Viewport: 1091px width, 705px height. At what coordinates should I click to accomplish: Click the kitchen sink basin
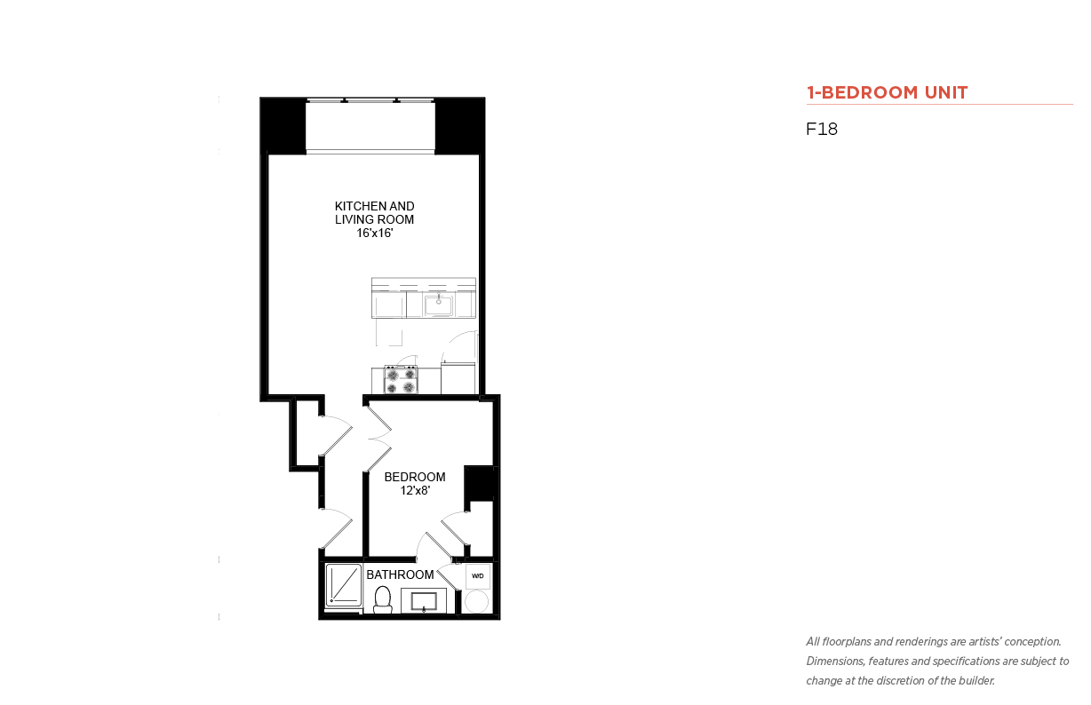pyautogui.click(x=438, y=305)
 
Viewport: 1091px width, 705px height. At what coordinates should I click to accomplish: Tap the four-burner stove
pyautogui.click(x=401, y=380)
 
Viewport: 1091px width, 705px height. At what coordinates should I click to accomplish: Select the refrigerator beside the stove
pyautogui.click(x=458, y=378)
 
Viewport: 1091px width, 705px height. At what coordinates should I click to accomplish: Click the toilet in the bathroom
pyautogui.click(x=383, y=599)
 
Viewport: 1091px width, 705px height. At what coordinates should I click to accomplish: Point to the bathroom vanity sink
pyautogui.click(x=424, y=602)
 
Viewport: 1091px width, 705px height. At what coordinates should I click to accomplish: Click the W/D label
pyautogui.click(x=477, y=576)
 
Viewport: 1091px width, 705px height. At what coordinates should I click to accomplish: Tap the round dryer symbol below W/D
pyautogui.click(x=476, y=602)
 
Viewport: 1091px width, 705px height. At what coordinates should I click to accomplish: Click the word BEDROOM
pyautogui.click(x=415, y=477)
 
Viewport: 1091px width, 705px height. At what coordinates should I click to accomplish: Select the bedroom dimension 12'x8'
pyautogui.click(x=415, y=491)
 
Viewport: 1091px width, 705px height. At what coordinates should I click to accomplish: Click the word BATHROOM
pyautogui.click(x=400, y=575)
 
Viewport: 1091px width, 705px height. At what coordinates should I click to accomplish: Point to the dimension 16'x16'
pyautogui.click(x=375, y=234)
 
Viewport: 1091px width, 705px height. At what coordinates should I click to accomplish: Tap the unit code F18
pyautogui.click(x=822, y=129)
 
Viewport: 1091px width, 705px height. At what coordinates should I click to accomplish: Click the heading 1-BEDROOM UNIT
pyautogui.click(x=887, y=92)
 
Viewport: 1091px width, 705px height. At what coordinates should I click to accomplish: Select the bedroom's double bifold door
pyautogui.click(x=379, y=439)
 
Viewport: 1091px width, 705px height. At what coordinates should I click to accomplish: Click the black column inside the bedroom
pyautogui.click(x=479, y=484)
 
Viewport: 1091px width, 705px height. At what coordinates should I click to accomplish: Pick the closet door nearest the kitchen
pyautogui.click(x=336, y=435)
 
